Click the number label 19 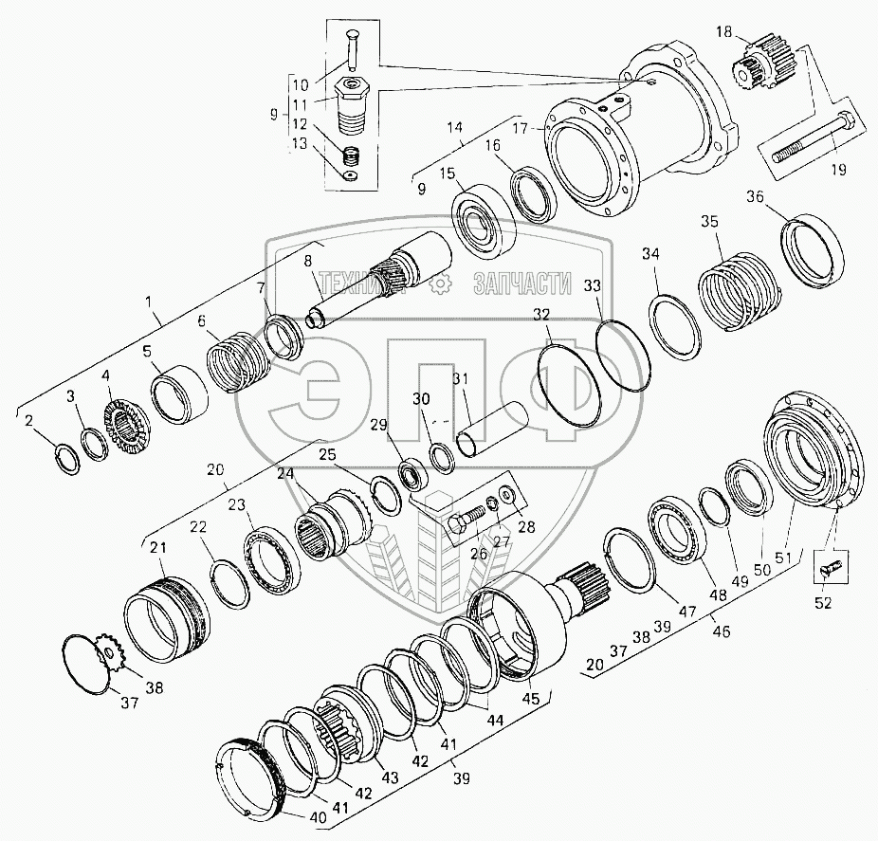838,169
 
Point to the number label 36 755,197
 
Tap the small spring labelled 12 351,155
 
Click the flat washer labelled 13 352,176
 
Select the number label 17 521,128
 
